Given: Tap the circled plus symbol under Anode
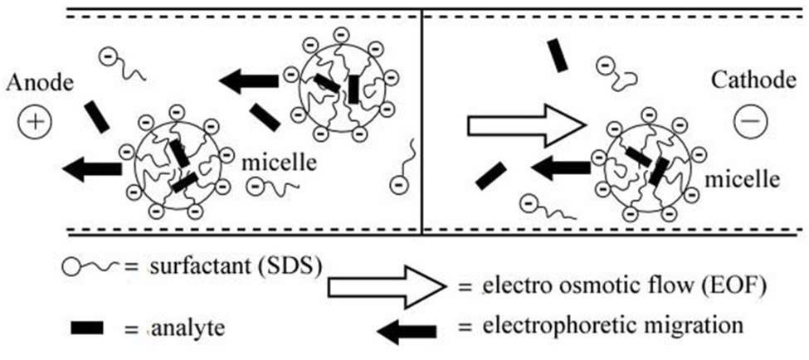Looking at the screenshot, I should pos(36,123).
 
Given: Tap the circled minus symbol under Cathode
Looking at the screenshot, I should pos(750,123).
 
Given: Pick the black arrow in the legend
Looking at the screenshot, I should pos(407,330).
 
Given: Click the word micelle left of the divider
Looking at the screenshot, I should pos(280,162).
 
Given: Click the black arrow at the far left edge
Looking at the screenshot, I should pos(91,169).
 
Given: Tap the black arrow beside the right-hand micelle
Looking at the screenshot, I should pos(560,169).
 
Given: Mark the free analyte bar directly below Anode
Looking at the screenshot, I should pos(97,117).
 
